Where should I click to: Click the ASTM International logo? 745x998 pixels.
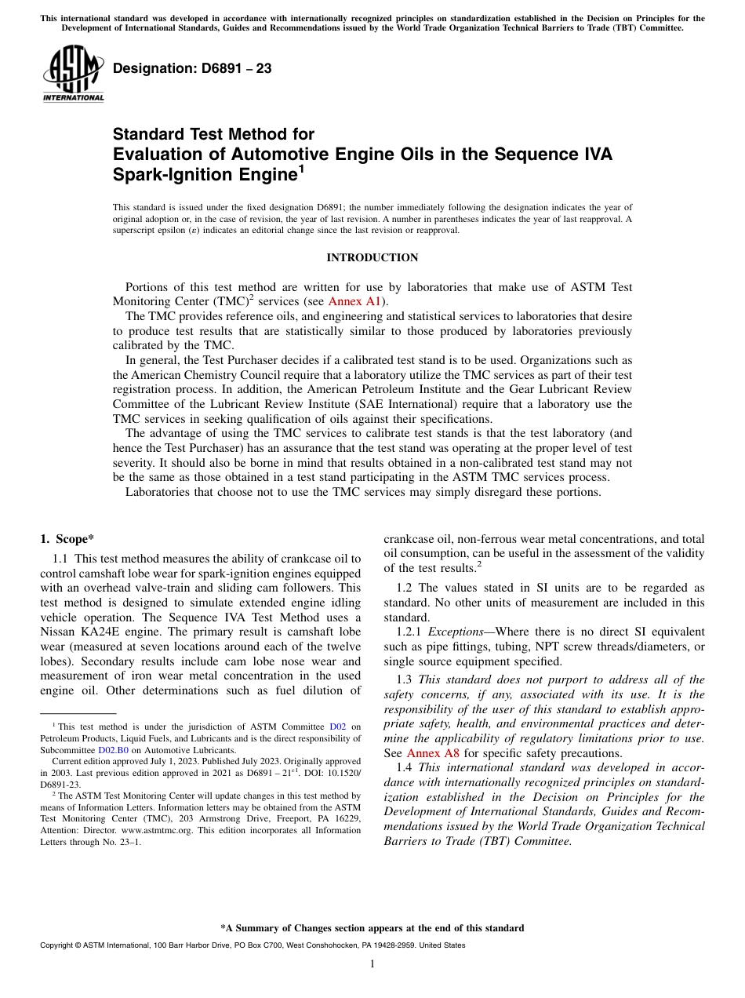click(x=73, y=75)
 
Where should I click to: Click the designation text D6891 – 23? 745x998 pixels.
click(x=192, y=69)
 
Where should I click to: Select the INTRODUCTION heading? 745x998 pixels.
click(x=372, y=257)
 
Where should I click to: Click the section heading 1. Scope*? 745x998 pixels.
click(x=67, y=538)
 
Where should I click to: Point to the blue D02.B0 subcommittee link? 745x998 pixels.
click(x=113, y=750)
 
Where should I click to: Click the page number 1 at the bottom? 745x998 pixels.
click(x=372, y=964)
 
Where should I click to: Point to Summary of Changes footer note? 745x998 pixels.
click(x=372, y=928)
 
